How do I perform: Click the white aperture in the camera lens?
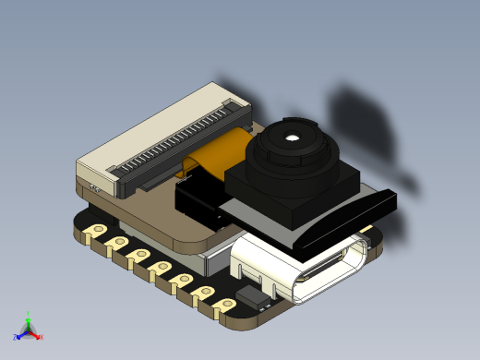click(x=292, y=138)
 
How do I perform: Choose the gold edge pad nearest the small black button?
click(x=223, y=303)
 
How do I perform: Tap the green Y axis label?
click(x=29, y=314)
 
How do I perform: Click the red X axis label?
click(x=42, y=337)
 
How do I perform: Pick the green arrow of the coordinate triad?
click(x=29, y=322)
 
